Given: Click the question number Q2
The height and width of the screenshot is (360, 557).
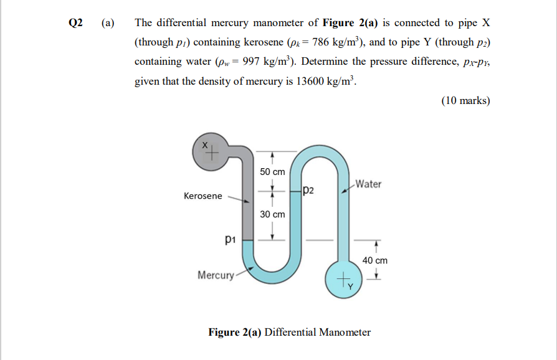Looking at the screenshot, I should point(75,23).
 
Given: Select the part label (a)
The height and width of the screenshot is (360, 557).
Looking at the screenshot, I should point(108,23).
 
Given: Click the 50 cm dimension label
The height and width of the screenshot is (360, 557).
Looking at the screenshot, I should point(272,171).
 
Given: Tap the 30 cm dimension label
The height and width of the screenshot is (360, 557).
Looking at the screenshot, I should point(272,214).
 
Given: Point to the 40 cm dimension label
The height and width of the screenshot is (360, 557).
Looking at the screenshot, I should point(374,260).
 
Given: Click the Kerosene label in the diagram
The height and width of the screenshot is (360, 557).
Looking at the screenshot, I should point(202,196).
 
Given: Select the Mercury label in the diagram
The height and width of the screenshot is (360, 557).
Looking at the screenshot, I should point(216,275).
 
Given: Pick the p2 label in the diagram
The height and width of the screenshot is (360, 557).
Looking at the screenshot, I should point(309,190).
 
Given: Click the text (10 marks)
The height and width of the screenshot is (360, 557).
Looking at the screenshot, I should point(465,101).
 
